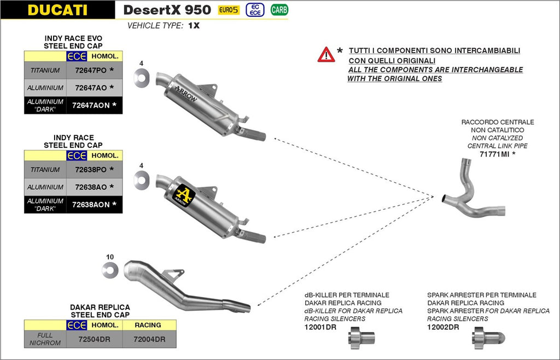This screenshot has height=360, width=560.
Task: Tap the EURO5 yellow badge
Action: point(229,10)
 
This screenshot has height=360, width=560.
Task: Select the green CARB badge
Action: point(279,10)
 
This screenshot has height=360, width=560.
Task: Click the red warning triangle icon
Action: point(326,54)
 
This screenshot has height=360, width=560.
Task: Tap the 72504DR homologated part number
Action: point(94,339)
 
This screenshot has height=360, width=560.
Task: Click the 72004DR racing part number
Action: point(149,339)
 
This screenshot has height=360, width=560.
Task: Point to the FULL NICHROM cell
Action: point(45,339)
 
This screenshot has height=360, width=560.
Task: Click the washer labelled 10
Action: point(110,269)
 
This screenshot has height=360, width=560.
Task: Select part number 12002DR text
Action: point(443,327)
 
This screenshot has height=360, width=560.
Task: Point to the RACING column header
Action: point(149,325)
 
